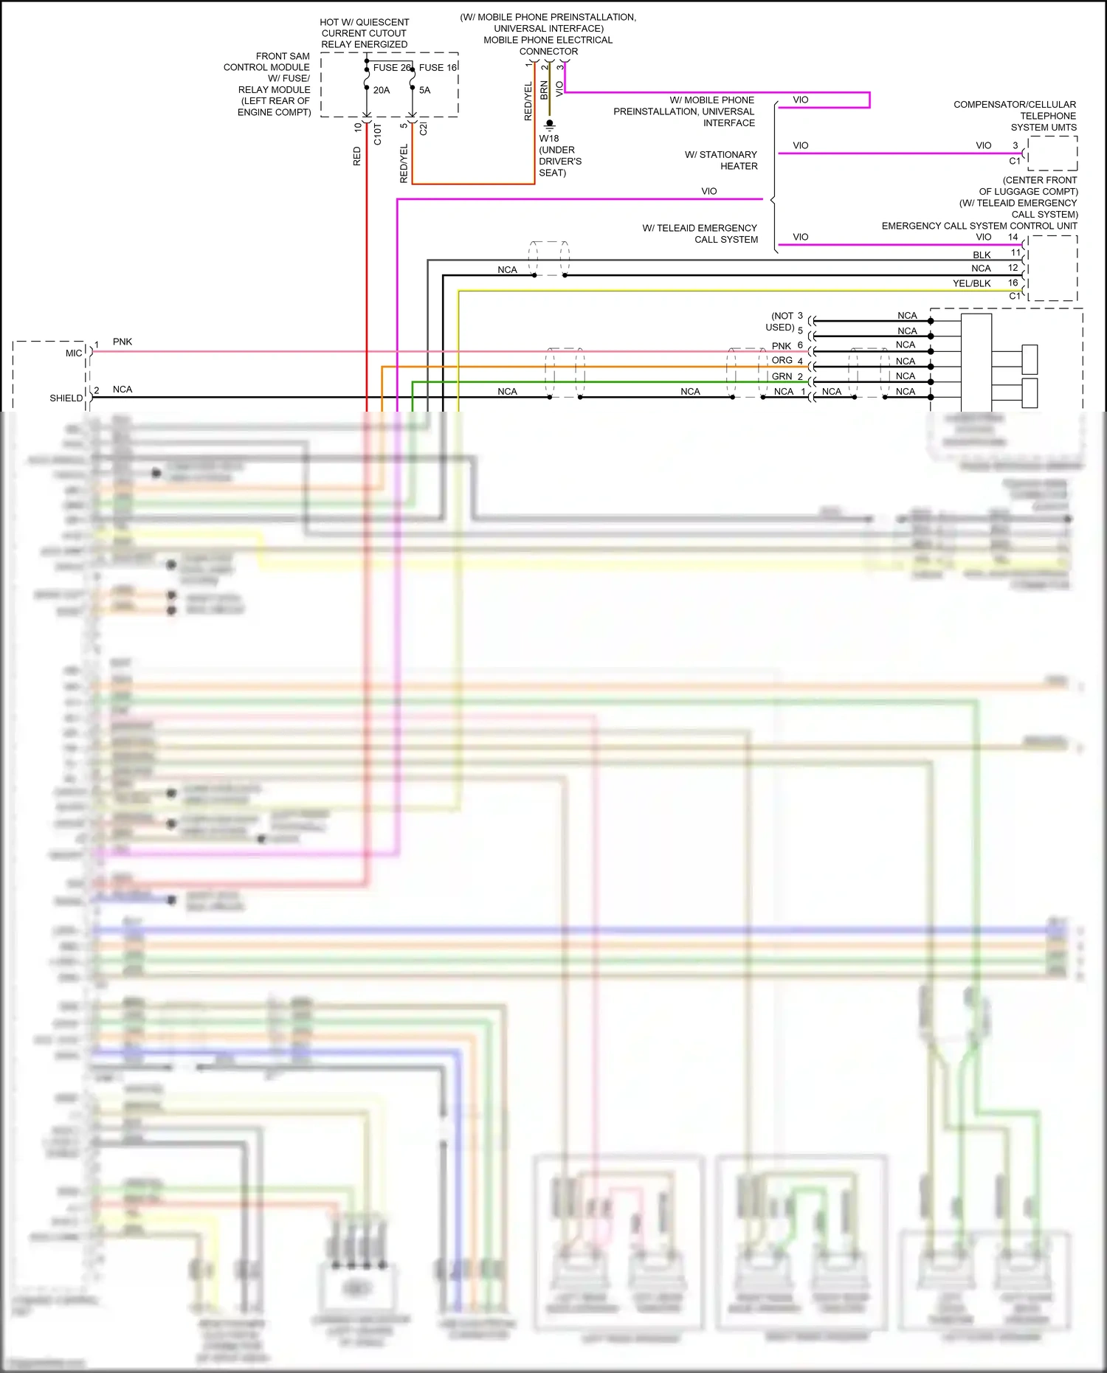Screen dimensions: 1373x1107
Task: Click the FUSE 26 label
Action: (392, 67)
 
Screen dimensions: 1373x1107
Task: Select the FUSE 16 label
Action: (438, 67)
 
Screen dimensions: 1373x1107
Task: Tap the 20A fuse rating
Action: (382, 90)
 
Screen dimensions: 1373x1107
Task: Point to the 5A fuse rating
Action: (425, 90)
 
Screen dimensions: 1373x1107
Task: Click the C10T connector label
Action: (378, 134)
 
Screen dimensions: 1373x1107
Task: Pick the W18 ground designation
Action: (549, 139)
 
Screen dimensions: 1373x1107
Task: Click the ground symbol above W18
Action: (549, 125)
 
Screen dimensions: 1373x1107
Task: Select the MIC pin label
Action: (74, 353)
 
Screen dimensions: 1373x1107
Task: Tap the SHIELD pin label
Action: (66, 398)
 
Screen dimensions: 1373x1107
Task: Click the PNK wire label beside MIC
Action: (123, 342)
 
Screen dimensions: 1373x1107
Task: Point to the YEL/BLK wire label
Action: (971, 283)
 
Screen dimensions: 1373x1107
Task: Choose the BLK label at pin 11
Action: (982, 255)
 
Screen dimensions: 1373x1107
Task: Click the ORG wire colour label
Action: (782, 361)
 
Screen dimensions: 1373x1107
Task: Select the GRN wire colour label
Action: (782, 376)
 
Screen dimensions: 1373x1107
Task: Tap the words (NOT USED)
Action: (781, 322)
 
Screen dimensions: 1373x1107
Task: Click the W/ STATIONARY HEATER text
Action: (721, 160)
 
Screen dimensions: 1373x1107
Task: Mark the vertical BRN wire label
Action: (545, 90)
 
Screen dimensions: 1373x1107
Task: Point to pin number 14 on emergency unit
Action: (1013, 238)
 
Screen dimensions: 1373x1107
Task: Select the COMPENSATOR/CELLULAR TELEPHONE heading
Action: (1015, 110)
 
